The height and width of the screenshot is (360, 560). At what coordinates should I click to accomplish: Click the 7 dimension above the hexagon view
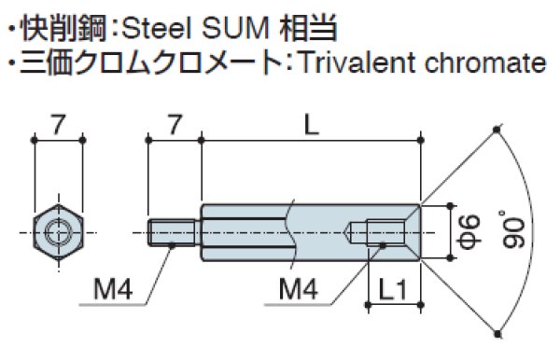(x=59, y=124)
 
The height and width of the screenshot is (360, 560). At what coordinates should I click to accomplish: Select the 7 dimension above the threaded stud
(x=173, y=124)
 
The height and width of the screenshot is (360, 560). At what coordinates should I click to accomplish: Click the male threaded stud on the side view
(x=174, y=230)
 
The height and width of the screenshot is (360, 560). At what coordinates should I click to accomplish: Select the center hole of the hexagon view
(x=60, y=230)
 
